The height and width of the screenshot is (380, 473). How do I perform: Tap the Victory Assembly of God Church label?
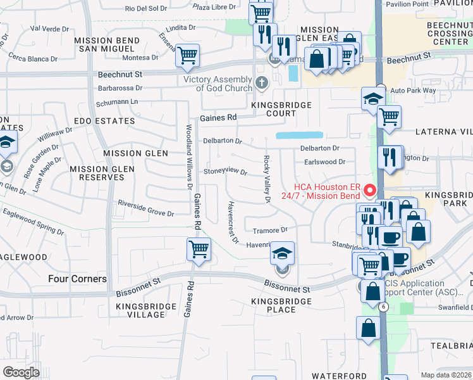pos(218,84)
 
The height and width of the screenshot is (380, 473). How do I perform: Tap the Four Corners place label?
pos(77,279)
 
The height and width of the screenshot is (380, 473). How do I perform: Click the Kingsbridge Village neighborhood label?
pos(140,310)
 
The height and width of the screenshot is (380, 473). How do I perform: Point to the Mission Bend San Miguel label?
pos(104,44)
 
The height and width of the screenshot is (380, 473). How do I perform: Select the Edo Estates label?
pos(105,120)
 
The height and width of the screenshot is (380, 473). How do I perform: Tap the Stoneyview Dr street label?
pos(224,171)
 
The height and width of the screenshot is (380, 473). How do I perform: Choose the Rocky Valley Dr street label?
pos(267,180)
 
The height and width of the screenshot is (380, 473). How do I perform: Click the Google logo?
pos(21,372)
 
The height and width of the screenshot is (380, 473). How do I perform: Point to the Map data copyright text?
pos(446,375)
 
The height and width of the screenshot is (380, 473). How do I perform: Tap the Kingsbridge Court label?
pos(273,109)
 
